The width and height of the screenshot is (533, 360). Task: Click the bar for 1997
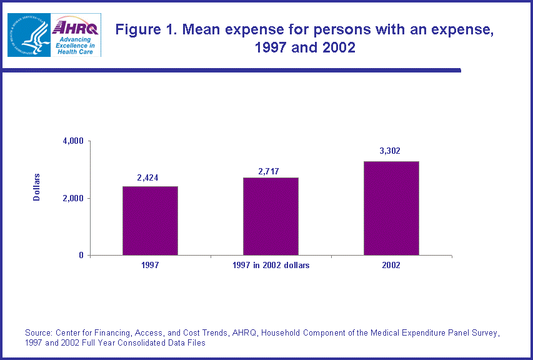(x=150, y=221)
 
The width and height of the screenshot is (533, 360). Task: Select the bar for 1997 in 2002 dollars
(x=271, y=216)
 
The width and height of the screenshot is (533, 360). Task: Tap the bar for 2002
(x=391, y=208)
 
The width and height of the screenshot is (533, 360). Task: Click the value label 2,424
(x=148, y=178)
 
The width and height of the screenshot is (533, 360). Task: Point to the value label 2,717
(x=271, y=170)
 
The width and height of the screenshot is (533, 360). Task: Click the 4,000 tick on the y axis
(x=73, y=141)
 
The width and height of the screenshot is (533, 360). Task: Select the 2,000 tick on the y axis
(x=73, y=198)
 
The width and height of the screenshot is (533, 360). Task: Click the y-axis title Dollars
(x=37, y=186)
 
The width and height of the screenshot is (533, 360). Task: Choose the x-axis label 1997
(x=150, y=265)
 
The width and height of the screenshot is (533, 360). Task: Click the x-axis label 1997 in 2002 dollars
(x=271, y=265)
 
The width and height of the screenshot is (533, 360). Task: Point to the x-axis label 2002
(x=391, y=265)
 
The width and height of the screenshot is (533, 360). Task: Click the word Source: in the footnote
(x=39, y=332)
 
